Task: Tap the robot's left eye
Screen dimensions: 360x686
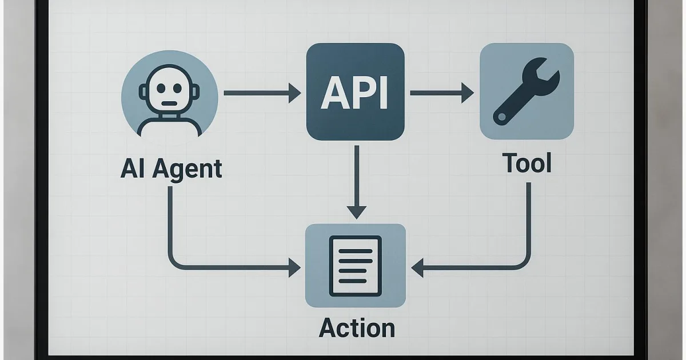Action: point(161,89)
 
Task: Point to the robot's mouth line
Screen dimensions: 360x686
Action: point(170,104)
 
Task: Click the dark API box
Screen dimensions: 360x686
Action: point(355,92)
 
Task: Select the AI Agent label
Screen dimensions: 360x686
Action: point(171,170)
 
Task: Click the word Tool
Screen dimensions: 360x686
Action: point(527,164)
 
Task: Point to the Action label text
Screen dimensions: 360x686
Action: point(357,329)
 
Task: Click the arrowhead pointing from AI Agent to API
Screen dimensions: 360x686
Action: point(295,93)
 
